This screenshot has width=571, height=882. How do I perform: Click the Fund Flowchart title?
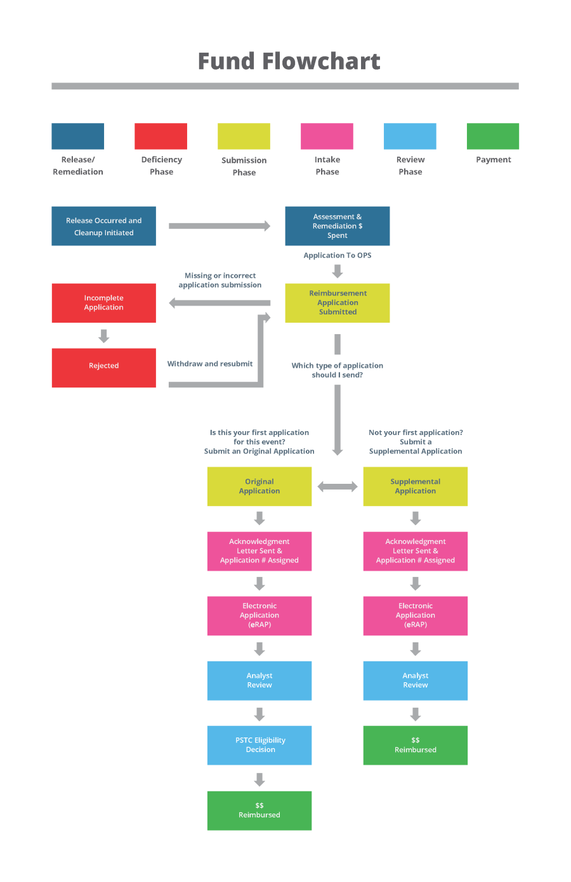289,62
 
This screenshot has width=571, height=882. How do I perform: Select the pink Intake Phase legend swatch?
327,136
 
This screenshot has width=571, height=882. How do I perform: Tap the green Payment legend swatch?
492,136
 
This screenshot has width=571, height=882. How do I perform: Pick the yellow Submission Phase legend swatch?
244,136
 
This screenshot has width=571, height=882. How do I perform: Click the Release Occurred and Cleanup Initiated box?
103,226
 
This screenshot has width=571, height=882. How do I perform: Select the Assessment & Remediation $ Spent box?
337,226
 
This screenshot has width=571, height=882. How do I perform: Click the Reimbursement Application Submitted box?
337,303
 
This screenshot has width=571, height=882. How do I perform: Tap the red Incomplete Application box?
103,303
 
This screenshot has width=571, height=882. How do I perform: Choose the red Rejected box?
103,368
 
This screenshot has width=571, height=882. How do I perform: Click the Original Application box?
259,486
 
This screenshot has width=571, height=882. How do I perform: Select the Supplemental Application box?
415,486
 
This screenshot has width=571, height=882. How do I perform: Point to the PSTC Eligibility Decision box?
259,745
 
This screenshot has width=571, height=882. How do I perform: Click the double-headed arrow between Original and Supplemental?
337,487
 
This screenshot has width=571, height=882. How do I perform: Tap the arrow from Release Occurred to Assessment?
220,226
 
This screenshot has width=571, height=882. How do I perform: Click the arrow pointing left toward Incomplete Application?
220,303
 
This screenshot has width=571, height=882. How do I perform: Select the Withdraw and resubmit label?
209,364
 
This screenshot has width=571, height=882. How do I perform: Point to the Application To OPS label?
337,256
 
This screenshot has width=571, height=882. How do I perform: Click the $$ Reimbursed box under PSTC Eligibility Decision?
259,810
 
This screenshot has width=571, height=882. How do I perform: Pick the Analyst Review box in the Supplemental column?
415,680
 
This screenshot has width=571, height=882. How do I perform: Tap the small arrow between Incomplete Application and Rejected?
103,335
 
